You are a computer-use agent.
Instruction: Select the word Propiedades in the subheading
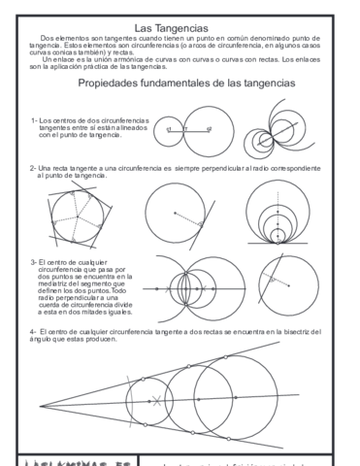pyautogui.click(x=116, y=84)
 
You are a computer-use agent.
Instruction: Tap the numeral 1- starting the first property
pyautogui.click(x=35, y=120)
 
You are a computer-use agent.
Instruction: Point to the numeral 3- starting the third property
pyautogui.click(x=35, y=262)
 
